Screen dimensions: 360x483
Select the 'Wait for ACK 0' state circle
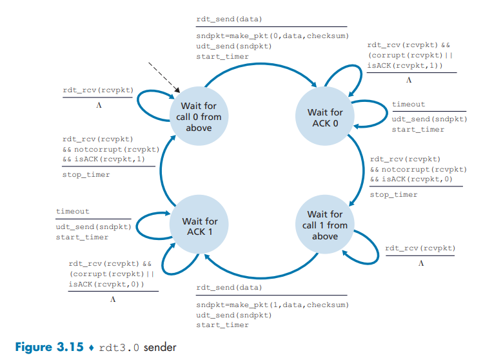325,117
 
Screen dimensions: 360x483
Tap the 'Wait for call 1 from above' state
325,225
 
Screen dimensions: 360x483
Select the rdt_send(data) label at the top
229,19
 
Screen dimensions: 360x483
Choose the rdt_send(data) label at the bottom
229,287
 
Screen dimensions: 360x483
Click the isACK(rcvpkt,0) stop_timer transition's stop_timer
393,194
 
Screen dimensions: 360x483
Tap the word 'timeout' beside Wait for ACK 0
408,105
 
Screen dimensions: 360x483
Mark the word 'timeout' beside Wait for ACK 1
73,212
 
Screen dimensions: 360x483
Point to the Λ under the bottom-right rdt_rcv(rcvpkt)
420,263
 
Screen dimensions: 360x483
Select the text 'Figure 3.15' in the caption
49,347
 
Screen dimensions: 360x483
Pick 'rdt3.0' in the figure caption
120,347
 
